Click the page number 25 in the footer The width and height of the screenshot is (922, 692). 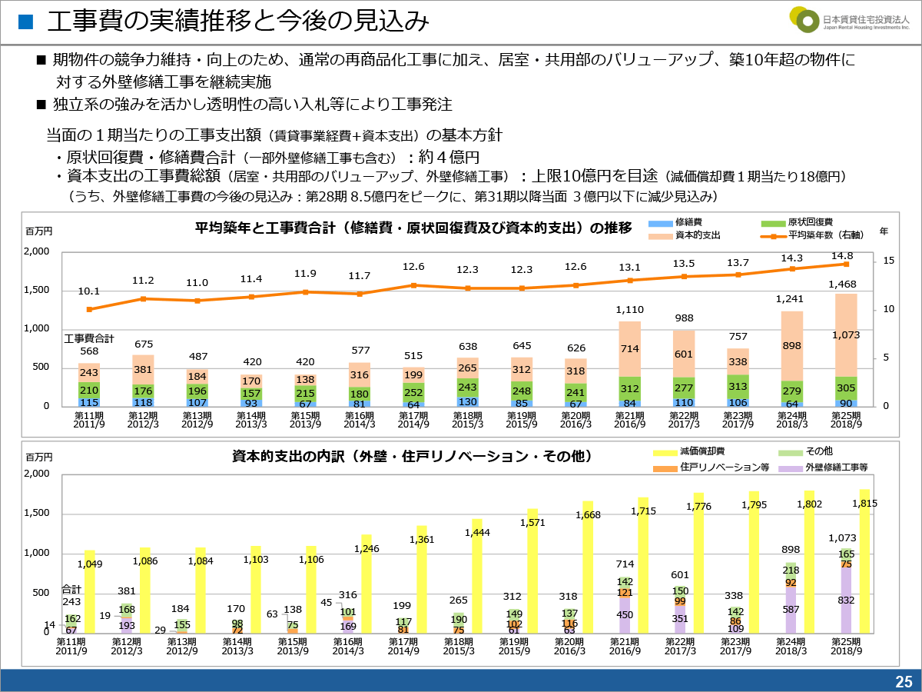[x=903, y=680]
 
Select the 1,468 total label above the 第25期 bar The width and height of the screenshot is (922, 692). [x=841, y=284]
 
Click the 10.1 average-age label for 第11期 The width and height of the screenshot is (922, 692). [x=89, y=291]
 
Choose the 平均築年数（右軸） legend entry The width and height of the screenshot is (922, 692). [x=818, y=235]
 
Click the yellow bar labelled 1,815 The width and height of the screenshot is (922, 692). [x=865, y=561]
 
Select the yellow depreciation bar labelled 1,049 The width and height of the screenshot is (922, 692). [x=90, y=592]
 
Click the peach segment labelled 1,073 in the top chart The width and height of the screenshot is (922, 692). [x=846, y=335]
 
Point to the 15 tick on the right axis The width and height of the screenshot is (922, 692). [x=888, y=261]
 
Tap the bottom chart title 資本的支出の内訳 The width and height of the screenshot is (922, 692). [x=412, y=457]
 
